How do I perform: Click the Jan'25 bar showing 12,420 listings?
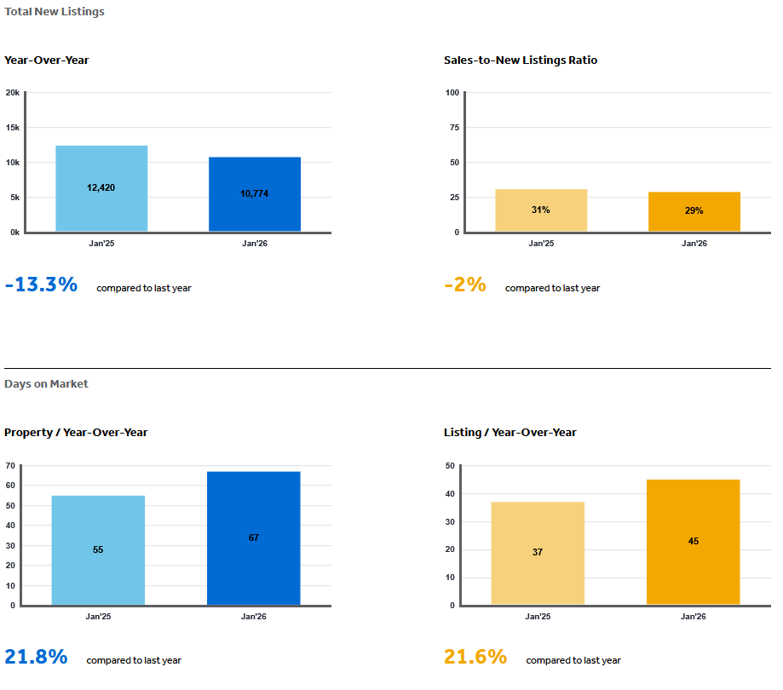pyautogui.click(x=101, y=188)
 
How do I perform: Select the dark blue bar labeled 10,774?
pyautogui.click(x=255, y=194)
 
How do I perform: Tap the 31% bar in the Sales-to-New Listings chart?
pyautogui.click(x=541, y=210)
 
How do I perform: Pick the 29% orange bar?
pyautogui.click(x=694, y=211)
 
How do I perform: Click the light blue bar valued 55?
pyautogui.click(x=98, y=550)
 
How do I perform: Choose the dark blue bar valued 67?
pyautogui.click(x=254, y=538)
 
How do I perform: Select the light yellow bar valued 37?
pyautogui.click(x=538, y=553)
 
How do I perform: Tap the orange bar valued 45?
pyautogui.click(x=694, y=542)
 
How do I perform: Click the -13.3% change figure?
pyautogui.click(x=41, y=285)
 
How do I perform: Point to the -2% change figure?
pyautogui.click(x=465, y=285)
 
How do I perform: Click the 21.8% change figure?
pyautogui.click(x=36, y=657)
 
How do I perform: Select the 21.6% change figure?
pyautogui.click(x=475, y=657)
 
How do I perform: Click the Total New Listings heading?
pyautogui.click(x=55, y=12)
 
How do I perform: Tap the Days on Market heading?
pyautogui.click(x=46, y=384)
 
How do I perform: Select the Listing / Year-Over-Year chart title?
pyautogui.click(x=510, y=433)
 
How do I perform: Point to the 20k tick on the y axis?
pyautogui.click(x=12, y=93)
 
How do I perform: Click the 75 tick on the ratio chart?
pyautogui.click(x=454, y=128)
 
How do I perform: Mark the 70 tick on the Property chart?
pyautogui.click(x=10, y=466)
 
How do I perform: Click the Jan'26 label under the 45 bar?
pyautogui.click(x=694, y=616)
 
